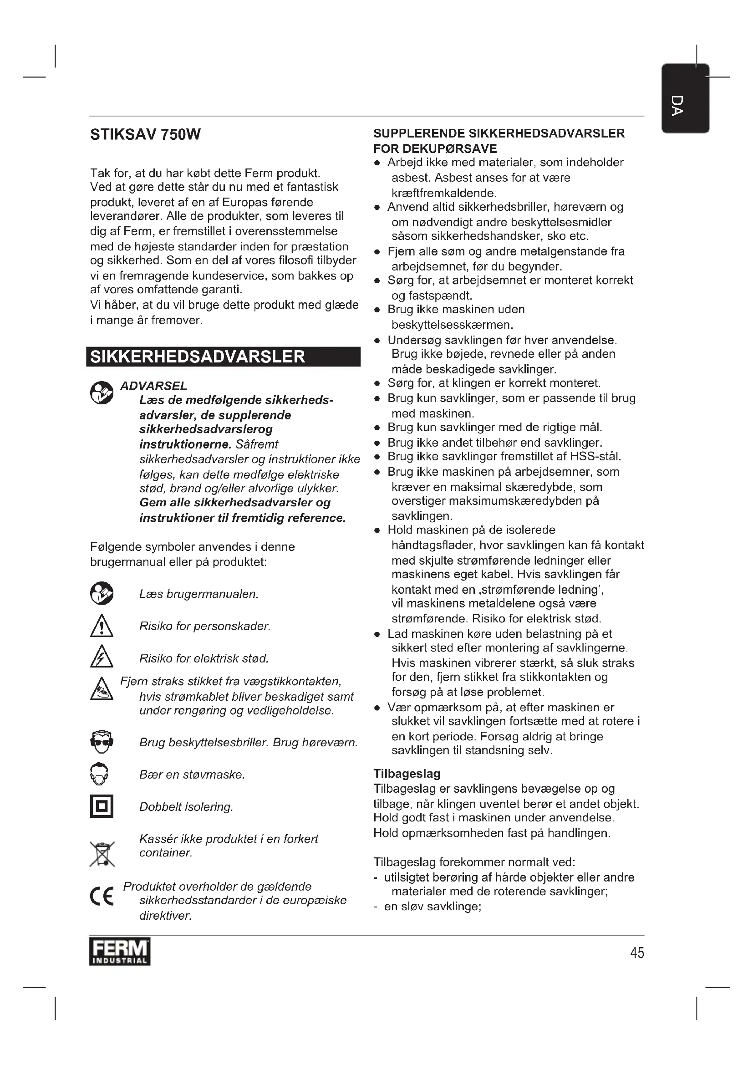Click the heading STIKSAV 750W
145,134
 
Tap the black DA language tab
685,99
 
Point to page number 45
637,952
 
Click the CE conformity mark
102,896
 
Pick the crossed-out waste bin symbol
102,854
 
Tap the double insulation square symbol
102,806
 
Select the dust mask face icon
100,774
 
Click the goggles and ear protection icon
102,742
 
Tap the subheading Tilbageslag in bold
407,773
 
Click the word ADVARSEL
153,386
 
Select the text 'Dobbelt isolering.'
186,807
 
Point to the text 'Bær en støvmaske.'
192,775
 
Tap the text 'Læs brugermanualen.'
198,594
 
